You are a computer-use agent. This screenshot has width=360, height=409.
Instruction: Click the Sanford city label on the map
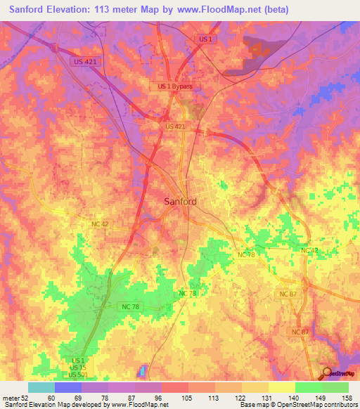[x=180, y=201]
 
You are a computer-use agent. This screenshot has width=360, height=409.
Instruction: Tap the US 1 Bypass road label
[x=175, y=86]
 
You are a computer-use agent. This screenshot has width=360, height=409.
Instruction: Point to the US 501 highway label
[x=79, y=375]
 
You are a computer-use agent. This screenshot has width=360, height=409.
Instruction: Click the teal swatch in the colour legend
[x=41, y=387]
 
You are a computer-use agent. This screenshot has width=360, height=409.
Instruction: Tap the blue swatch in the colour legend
[x=67, y=387]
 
